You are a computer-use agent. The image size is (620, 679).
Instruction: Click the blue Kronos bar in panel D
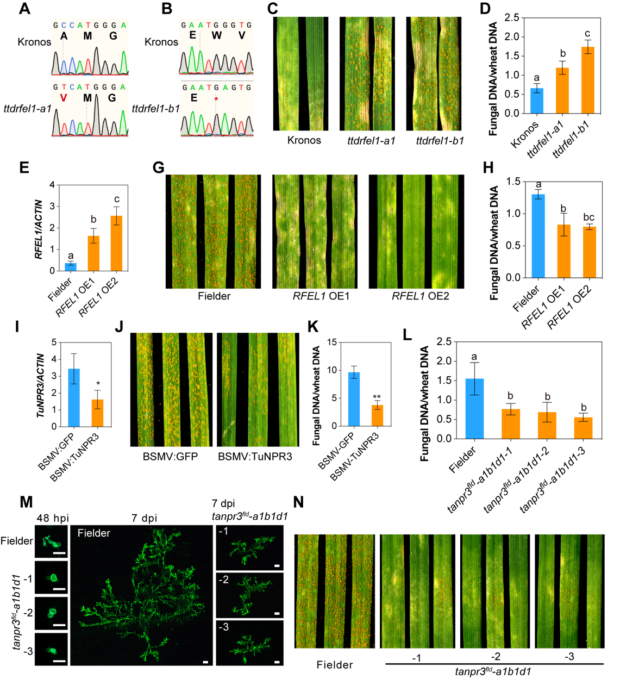(537, 101)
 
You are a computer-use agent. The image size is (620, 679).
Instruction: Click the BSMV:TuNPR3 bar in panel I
(97, 413)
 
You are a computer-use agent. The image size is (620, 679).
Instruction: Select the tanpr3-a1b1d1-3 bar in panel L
(583, 428)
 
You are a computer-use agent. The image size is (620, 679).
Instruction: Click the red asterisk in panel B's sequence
(216, 99)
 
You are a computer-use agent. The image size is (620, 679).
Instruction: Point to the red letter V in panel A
(64, 98)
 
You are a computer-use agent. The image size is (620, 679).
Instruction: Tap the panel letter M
(26, 501)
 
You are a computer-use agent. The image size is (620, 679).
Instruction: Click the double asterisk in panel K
(377, 397)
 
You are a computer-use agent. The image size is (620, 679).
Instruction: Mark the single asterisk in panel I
(98, 384)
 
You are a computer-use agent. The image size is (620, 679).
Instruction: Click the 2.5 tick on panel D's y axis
(511, 18)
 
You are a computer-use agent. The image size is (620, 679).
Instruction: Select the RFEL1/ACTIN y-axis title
(39, 229)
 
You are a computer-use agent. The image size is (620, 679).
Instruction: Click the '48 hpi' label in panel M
(53, 518)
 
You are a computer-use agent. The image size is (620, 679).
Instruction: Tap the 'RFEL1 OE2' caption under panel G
(420, 296)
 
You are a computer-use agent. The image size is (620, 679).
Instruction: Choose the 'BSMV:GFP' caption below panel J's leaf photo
(170, 456)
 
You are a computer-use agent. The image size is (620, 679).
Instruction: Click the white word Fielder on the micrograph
(93, 533)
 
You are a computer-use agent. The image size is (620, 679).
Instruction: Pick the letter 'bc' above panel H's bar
(588, 217)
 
